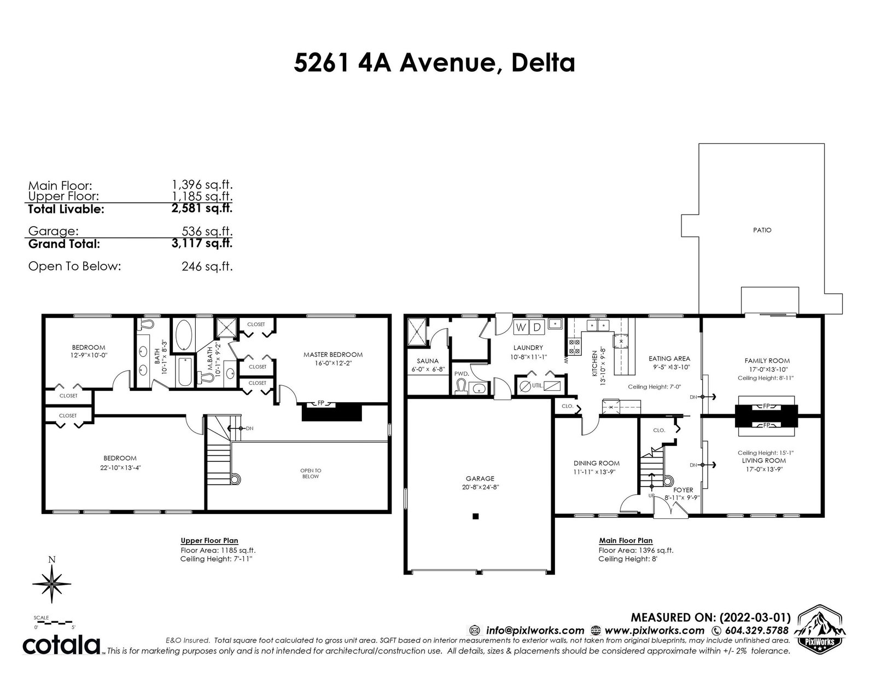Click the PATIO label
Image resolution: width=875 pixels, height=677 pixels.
[x=762, y=230]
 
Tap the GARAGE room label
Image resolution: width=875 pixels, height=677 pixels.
[x=480, y=478]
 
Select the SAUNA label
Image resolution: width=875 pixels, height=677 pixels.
[x=428, y=361]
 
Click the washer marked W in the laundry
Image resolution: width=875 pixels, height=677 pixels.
[x=521, y=327]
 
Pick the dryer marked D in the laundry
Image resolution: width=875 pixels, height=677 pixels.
[x=537, y=327]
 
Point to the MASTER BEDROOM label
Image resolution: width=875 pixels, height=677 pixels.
[x=333, y=355]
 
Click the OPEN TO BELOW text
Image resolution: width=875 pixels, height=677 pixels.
[x=311, y=473]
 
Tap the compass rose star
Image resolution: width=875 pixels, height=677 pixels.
[x=52, y=583]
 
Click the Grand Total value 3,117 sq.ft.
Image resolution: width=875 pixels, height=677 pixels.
[x=202, y=243]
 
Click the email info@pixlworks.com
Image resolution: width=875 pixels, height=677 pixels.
[x=535, y=630]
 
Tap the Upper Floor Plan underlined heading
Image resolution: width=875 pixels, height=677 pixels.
[x=209, y=540]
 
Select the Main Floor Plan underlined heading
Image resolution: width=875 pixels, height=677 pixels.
[x=626, y=540]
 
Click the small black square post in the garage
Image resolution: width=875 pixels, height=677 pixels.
[x=476, y=516]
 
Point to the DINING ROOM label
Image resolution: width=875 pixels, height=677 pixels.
[x=596, y=463]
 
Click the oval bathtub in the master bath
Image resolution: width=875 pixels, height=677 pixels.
[x=184, y=335]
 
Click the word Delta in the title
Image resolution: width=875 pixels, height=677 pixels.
[x=543, y=63]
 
